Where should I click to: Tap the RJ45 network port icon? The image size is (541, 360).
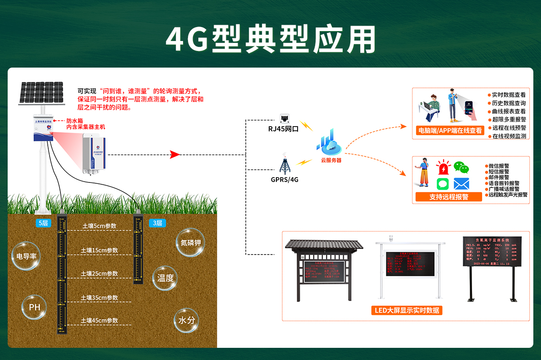click(x=285, y=118)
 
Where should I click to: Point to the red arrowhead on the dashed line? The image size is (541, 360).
click(x=175, y=155)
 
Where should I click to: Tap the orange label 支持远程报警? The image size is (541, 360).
click(x=449, y=197)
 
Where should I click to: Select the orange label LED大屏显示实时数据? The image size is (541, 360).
click(x=407, y=310)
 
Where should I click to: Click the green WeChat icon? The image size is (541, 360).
click(x=461, y=167)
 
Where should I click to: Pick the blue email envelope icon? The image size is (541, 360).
click(x=461, y=184)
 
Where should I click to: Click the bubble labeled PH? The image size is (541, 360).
click(x=35, y=307)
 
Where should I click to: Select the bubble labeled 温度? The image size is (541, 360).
click(x=165, y=278)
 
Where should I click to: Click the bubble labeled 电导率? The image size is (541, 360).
click(x=26, y=256)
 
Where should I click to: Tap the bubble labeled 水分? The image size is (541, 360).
click(x=187, y=320)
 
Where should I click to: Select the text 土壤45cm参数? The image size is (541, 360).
click(x=100, y=320)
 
